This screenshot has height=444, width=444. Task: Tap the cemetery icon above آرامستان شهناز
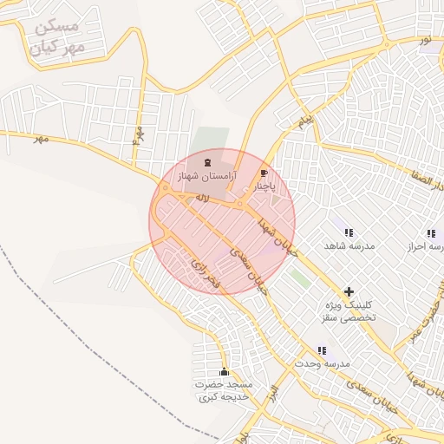(x=206, y=162)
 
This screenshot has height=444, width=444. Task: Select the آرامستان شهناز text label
(x=206, y=176)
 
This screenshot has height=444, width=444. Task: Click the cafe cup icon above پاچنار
(x=264, y=173)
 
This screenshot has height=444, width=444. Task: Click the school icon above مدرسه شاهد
(x=349, y=232)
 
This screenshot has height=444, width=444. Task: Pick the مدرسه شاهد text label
(x=349, y=246)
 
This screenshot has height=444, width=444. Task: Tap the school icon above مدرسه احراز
(x=431, y=232)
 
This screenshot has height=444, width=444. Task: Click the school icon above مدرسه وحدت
(x=322, y=350)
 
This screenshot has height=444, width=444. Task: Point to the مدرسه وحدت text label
(x=321, y=363)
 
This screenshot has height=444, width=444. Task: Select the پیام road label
(x=303, y=122)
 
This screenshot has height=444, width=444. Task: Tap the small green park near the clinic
(x=299, y=278)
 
